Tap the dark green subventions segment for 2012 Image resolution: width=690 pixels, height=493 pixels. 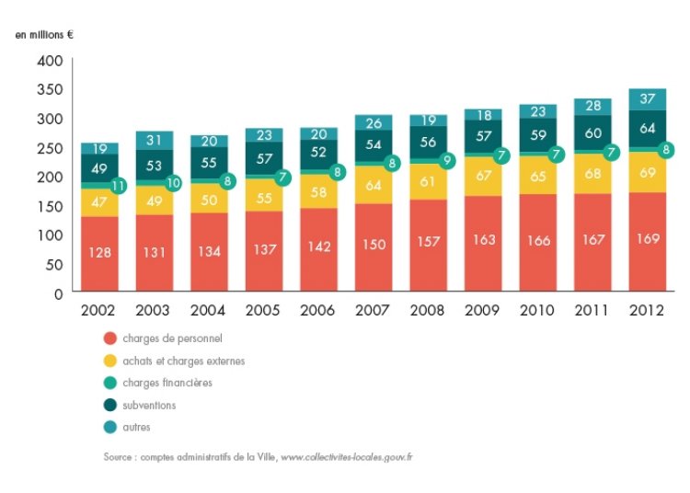tap(647, 128)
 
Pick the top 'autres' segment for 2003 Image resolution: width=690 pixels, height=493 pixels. tap(155, 140)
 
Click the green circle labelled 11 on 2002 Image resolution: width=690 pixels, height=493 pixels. tap(118, 185)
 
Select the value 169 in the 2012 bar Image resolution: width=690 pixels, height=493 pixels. tap(647, 241)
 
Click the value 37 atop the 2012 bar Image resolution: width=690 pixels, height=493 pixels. tap(647, 98)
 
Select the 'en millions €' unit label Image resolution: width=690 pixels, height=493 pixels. tap(43, 35)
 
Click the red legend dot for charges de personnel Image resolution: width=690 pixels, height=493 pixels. tap(110, 338)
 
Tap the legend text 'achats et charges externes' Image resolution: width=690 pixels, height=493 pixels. tap(183, 361)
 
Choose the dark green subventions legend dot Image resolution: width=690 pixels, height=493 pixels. tap(110, 405)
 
